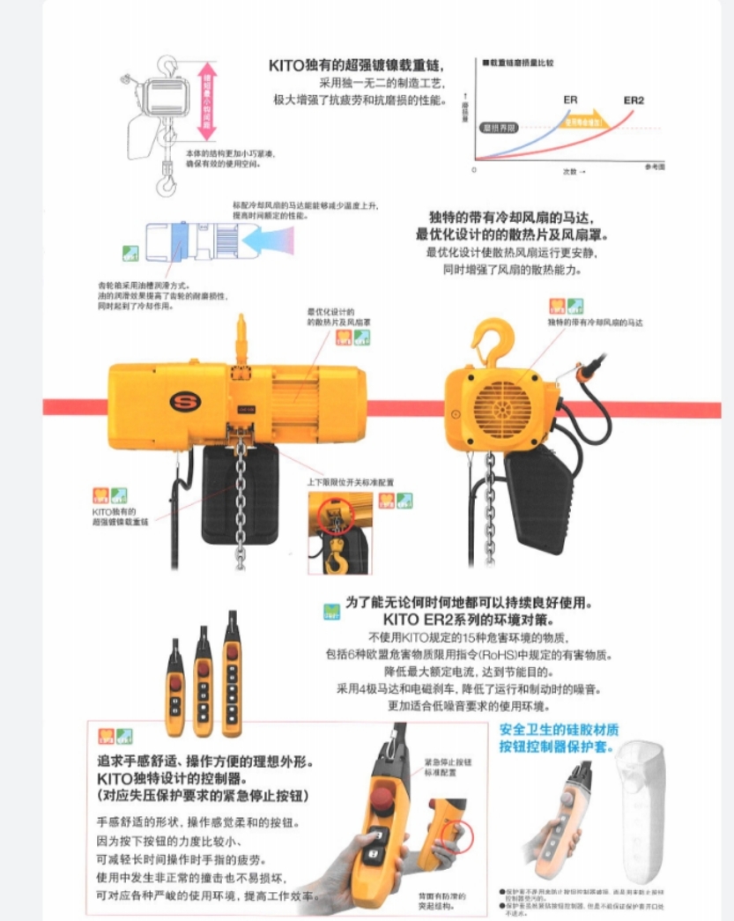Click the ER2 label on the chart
click(x=634, y=100)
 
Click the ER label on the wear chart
click(x=571, y=100)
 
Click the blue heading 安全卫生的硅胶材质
click(x=559, y=730)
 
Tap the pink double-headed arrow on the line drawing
click(x=208, y=101)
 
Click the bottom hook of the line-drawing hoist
click(x=165, y=183)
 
